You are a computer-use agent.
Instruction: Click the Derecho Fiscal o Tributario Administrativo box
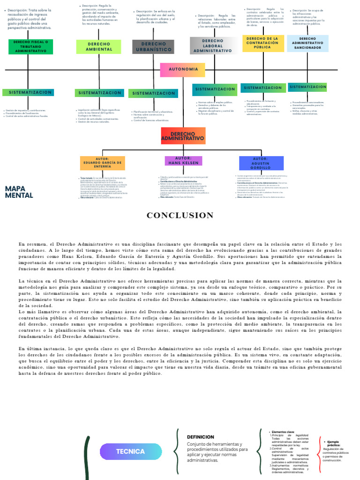(x=30, y=46)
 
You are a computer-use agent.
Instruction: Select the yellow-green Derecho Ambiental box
(x=99, y=46)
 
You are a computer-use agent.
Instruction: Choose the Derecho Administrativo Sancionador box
(x=307, y=43)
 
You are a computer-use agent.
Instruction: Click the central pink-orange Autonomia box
(x=183, y=69)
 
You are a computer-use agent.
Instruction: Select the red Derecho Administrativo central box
(x=183, y=136)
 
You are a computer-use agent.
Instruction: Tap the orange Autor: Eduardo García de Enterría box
(x=102, y=163)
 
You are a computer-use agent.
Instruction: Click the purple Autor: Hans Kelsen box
(x=183, y=161)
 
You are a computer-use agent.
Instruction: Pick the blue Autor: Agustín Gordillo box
(x=261, y=163)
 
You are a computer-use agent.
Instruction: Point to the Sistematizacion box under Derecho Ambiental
(x=100, y=93)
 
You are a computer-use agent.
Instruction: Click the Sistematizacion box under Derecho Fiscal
(x=28, y=92)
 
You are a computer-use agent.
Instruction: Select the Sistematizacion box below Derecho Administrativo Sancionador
(x=307, y=87)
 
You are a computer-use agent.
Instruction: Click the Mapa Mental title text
(x=19, y=192)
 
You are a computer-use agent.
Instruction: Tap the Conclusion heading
(x=180, y=215)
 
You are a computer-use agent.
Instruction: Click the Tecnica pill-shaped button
(x=130, y=451)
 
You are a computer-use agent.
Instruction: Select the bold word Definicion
(x=201, y=437)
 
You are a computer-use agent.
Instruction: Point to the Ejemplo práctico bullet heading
(x=333, y=443)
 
